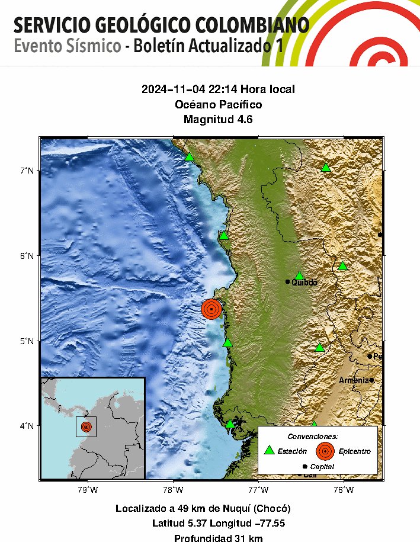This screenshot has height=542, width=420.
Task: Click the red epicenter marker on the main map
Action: pos(211,309)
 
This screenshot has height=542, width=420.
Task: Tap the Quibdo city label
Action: pos(304,283)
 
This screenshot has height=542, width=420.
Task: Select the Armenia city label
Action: pos(354,380)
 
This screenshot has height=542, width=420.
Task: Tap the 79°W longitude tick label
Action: pos(88,490)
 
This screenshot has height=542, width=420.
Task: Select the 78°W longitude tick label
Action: pos(173,490)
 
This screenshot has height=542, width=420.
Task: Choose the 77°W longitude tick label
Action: pos(258,490)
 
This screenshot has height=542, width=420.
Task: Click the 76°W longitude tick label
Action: pos(344,490)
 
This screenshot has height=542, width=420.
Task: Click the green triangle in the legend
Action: pos(270,450)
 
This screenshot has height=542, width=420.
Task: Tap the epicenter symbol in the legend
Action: pos(325,451)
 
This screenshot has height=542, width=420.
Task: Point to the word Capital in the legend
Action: pos(322,467)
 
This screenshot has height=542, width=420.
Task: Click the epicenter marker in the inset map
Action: pos(86,426)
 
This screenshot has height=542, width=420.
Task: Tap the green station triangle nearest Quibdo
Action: pos(299,275)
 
